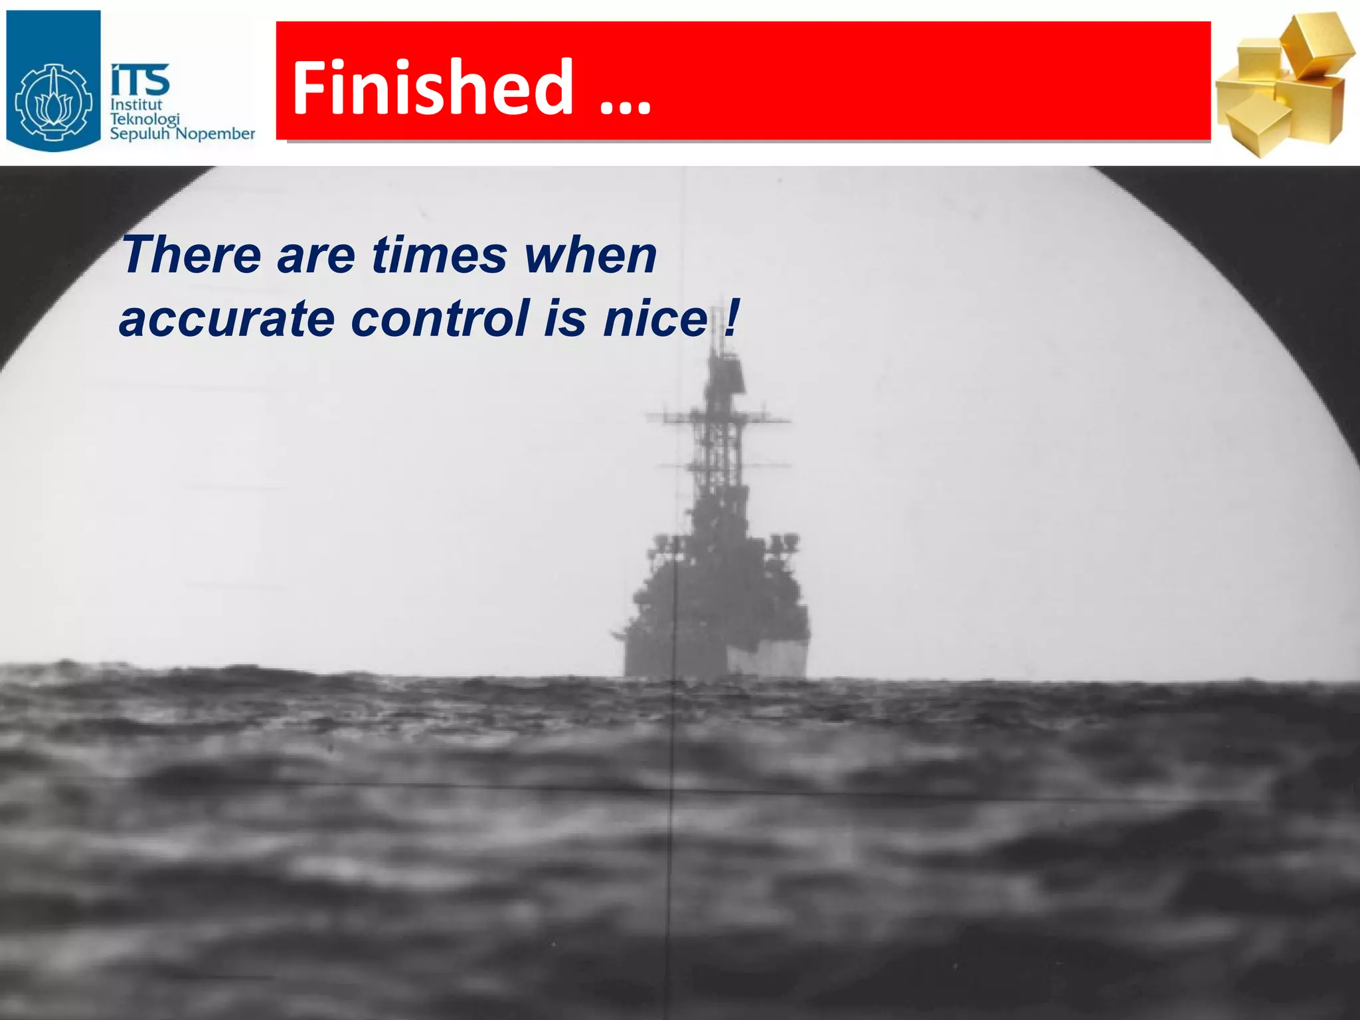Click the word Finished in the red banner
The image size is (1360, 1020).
[x=432, y=87]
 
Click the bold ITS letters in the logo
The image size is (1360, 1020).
[x=139, y=80]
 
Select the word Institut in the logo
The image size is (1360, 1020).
[x=136, y=105]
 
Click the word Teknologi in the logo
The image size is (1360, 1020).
[x=144, y=120]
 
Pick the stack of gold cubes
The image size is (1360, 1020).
[x=1286, y=86]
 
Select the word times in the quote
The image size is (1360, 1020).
[x=439, y=255]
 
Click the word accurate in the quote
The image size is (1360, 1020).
[x=226, y=319]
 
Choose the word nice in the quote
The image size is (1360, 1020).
[x=655, y=319]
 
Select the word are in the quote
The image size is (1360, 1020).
[x=316, y=255]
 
